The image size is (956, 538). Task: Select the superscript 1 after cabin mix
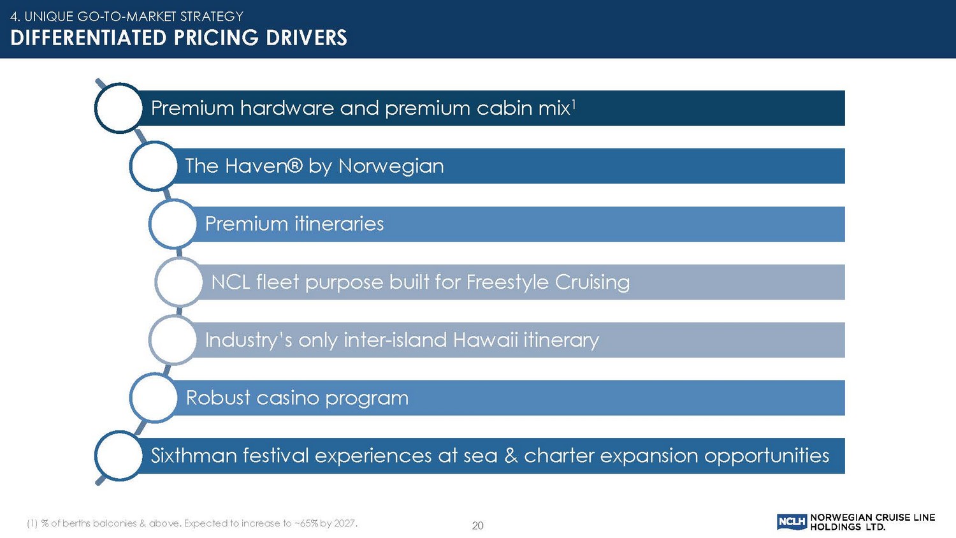click(574, 104)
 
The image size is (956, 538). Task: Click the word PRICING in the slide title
click(217, 38)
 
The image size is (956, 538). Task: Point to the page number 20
click(477, 526)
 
